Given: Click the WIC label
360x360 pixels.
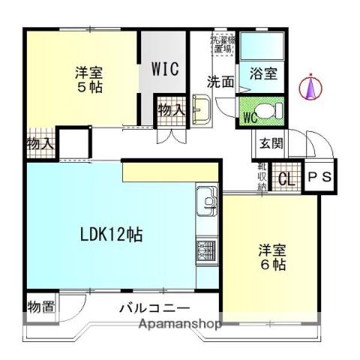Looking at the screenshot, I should [x=165, y=68].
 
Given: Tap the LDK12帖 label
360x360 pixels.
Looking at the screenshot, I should [x=112, y=234].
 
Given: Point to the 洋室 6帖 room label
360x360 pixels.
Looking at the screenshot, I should [x=272, y=256].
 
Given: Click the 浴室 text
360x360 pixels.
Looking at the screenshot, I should [x=264, y=73].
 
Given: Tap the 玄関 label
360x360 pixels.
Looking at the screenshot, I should [x=271, y=144].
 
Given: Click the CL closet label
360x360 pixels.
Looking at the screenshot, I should [x=286, y=179].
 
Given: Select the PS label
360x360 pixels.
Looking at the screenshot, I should [x=321, y=178].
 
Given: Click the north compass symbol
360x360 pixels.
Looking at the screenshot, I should [x=310, y=88].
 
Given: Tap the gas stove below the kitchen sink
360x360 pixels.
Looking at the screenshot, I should [x=205, y=250].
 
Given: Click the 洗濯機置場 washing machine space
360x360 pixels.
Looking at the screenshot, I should [x=222, y=44].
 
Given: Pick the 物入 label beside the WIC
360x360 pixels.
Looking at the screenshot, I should [x=170, y=109].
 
